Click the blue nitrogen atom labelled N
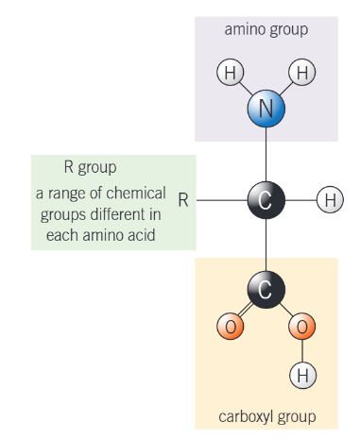tap(266, 109)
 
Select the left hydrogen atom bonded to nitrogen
tap(230, 72)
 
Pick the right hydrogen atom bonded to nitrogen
tap(301, 72)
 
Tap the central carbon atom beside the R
tap(266, 199)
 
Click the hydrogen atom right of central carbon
tap(329, 199)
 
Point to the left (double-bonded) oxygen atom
tap(230, 328)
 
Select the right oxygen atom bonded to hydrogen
tap(301, 328)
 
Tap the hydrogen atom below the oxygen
tap(301, 375)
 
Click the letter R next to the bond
tap(183, 200)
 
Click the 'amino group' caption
tap(266, 29)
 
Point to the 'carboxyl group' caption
tap(266, 415)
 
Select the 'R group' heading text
tap(90, 168)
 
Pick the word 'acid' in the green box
tap(140, 233)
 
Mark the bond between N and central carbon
tap(266, 153)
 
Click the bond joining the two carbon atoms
tap(266, 245)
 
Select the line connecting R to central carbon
tap(222, 199)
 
